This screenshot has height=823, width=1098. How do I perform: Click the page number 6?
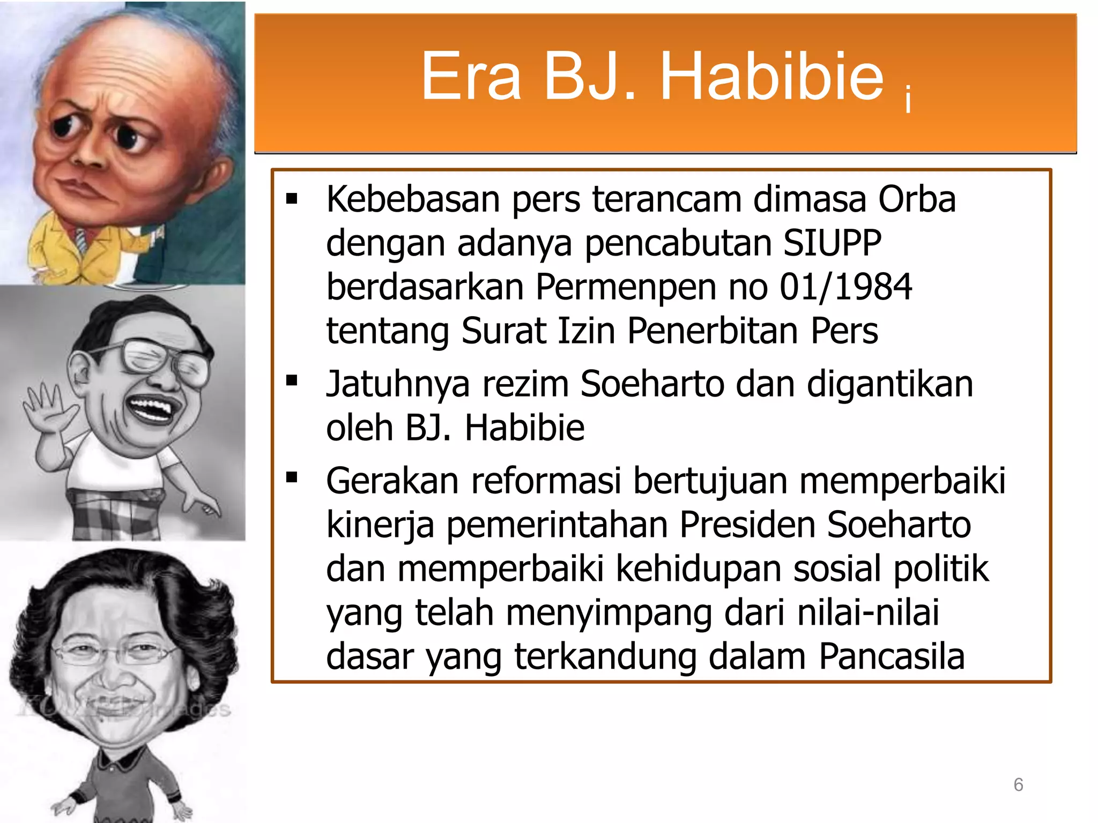pyautogui.click(x=1018, y=784)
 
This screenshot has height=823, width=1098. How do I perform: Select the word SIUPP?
pyautogui.click(x=832, y=243)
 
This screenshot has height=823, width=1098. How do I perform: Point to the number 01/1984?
pyautogui.click(x=845, y=287)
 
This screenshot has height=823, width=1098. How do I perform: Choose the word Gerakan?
pyautogui.click(x=392, y=481)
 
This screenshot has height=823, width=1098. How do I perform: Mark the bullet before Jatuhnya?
pyautogui.click(x=292, y=381)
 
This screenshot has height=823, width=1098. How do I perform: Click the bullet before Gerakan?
pyautogui.click(x=292, y=477)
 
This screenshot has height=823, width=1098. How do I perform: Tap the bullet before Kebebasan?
pyautogui.click(x=292, y=199)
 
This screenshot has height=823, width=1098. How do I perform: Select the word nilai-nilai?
pyautogui.click(x=868, y=612)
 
